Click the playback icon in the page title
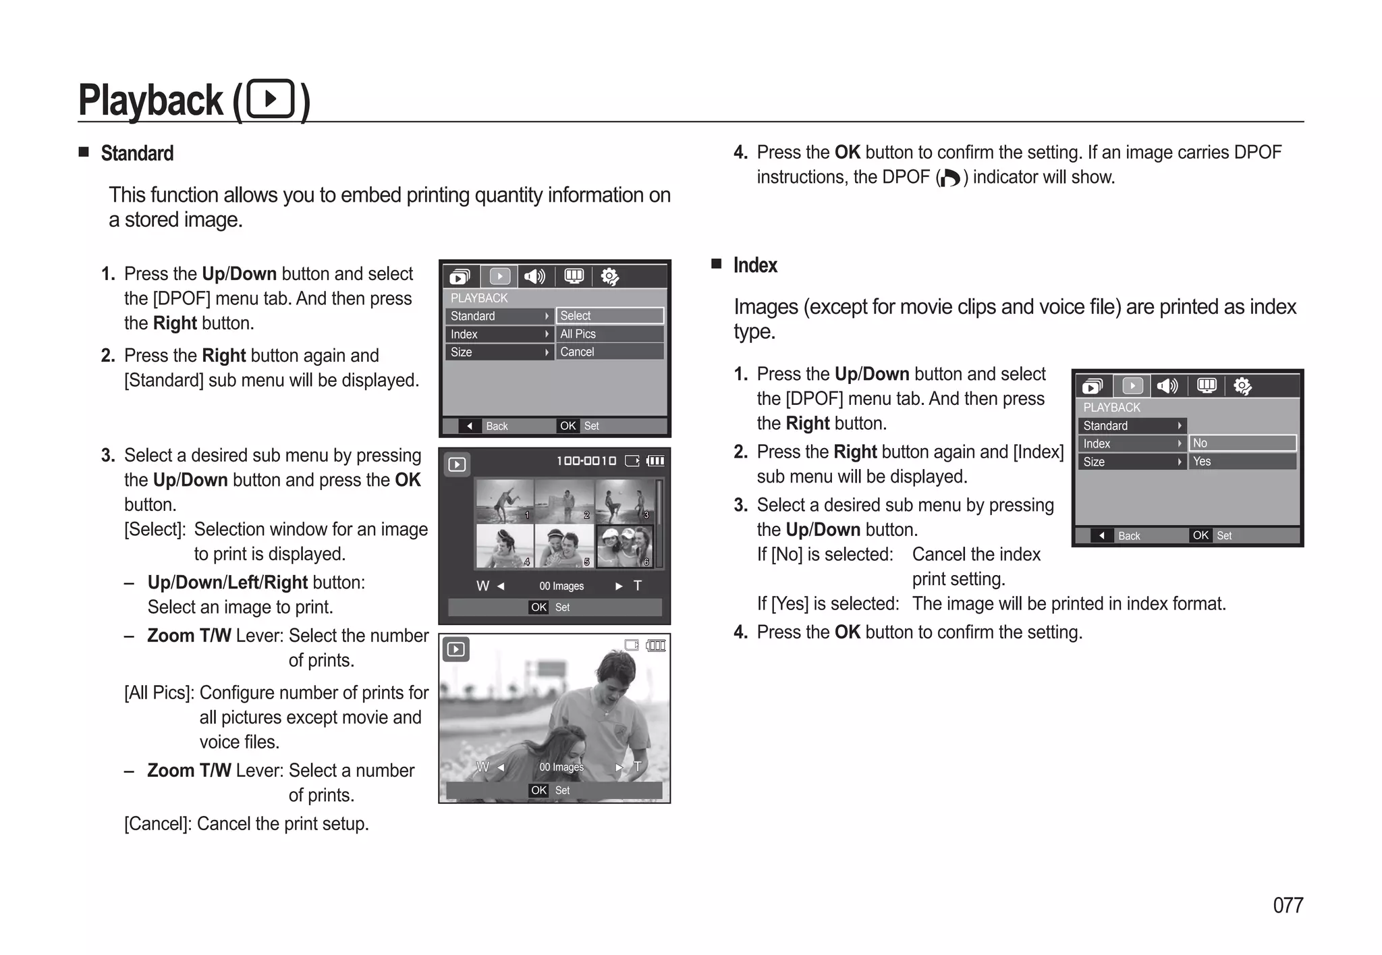coord(271,99)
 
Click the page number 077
coord(1288,905)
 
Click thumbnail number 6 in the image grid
coord(625,546)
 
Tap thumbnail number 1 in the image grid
coord(504,501)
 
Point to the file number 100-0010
coord(586,461)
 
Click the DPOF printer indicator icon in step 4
coord(949,178)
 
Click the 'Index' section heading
coord(755,265)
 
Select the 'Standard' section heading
coord(137,153)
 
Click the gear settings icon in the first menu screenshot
coord(609,277)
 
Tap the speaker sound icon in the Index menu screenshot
coord(1167,386)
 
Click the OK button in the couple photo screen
coord(538,790)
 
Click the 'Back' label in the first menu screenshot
coord(497,426)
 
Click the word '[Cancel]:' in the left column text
coord(158,824)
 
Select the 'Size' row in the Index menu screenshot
coord(1131,462)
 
